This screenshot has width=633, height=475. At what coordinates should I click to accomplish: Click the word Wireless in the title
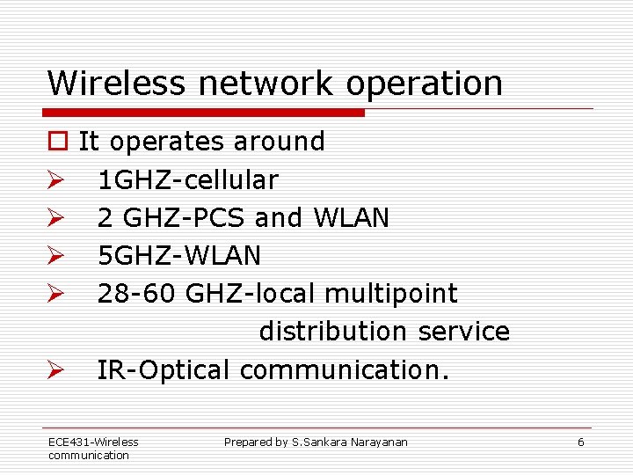pyautogui.click(x=117, y=84)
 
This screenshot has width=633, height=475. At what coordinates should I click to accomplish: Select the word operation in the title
pyautogui.click(x=425, y=84)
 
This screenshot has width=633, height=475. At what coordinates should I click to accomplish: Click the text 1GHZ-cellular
pyautogui.click(x=187, y=180)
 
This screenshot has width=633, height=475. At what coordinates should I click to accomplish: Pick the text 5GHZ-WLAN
pyautogui.click(x=179, y=256)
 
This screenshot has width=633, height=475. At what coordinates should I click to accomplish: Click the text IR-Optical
pyautogui.click(x=164, y=370)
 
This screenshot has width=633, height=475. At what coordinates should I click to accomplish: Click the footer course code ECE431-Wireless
pyautogui.click(x=93, y=442)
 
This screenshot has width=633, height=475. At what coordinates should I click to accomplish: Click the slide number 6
pyautogui.click(x=580, y=442)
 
